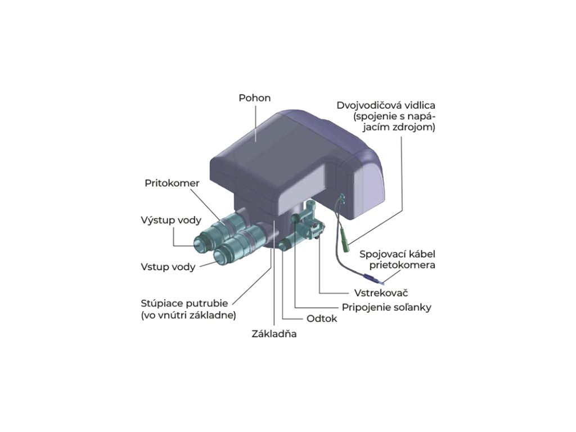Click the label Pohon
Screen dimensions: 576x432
pyautogui.click(x=255, y=98)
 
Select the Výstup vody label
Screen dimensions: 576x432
pyautogui.click(x=167, y=220)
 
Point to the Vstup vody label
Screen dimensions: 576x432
pyautogui.click(x=168, y=267)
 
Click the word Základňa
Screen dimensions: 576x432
pyautogui.click(x=274, y=334)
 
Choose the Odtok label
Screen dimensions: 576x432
pyautogui.click(x=322, y=318)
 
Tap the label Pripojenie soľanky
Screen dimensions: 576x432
pyautogui.click(x=386, y=307)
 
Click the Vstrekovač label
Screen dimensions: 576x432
pyautogui.click(x=381, y=293)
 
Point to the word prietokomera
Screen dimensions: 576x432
pyautogui.click(x=402, y=265)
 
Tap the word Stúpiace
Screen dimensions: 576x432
pyautogui.click(x=161, y=303)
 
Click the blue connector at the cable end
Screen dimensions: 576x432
pyautogui.click(x=370, y=277)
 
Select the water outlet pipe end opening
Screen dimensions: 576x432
pyautogui.click(x=200, y=242)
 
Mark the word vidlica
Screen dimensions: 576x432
pyautogui.click(x=420, y=106)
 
